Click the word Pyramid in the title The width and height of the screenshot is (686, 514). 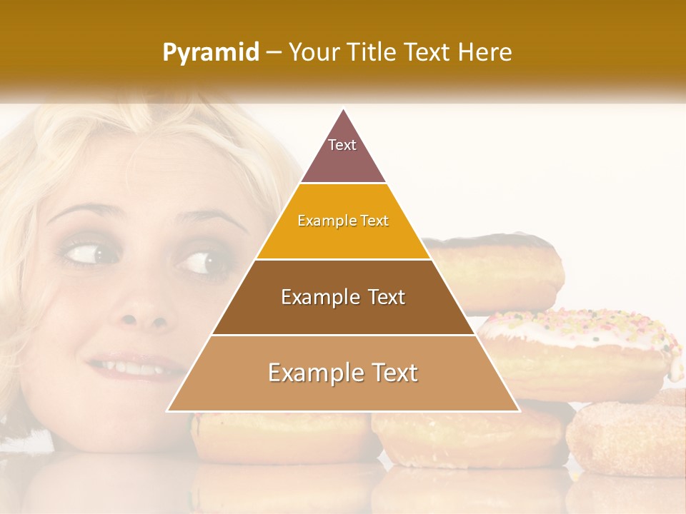pyautogui.click(x=210, y=53)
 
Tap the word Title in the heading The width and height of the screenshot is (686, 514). pyautogui.click(x=371, y=52)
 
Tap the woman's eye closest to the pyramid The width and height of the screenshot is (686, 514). pyautogui.click(x=200, y=261)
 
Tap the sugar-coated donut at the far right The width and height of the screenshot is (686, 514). pyautogui.click(x=629, y=435)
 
